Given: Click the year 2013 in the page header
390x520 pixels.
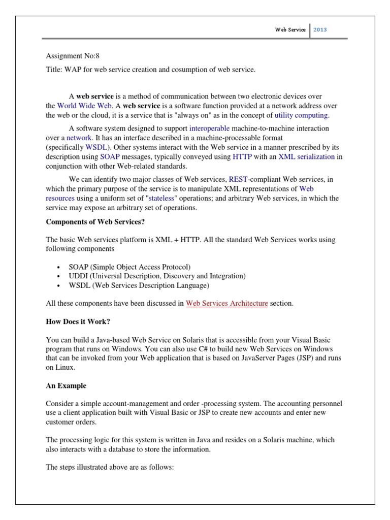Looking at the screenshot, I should coord(320,29).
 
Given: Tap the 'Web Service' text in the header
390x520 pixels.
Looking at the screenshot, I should coord(290,29).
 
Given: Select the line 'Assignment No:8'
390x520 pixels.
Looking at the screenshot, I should coord(73,56).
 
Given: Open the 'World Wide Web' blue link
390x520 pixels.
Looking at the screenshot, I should coord(84,106).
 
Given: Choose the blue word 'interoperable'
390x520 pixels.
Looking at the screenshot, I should coord(209,128).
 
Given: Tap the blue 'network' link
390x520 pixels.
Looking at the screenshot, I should coord(79,138).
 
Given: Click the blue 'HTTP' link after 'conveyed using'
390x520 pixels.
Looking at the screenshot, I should coord(242,157).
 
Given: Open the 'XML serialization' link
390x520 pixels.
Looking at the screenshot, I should coord(306,157).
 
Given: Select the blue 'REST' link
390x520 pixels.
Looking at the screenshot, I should coord(238,179).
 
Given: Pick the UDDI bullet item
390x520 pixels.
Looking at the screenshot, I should coord(157,276).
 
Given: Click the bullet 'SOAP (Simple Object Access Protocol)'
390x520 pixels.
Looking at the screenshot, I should coord(129,267).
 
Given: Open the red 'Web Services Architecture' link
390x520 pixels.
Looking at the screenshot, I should coord(226,304).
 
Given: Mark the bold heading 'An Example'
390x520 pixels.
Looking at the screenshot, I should coord(66,386).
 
